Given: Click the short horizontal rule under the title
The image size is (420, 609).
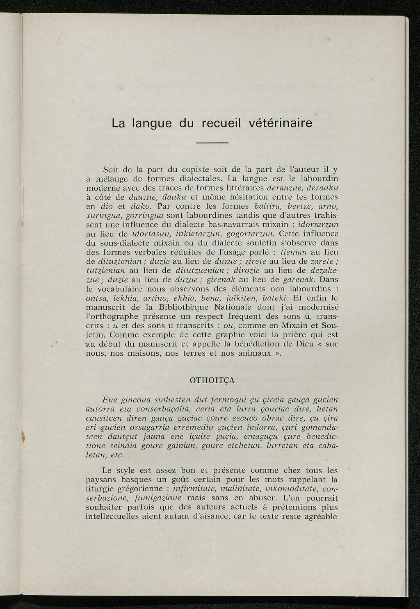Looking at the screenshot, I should pos(212,143).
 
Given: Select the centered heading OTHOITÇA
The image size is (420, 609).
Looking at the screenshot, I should pos(212,380).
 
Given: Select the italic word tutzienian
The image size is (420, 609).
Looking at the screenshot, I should pos(105,270).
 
